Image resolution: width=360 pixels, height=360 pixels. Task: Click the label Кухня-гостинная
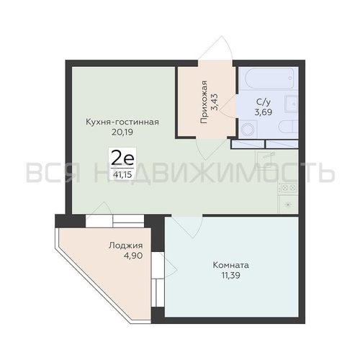click(x=122, y=122)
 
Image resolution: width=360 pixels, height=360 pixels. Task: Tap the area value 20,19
click(x=122, y=132)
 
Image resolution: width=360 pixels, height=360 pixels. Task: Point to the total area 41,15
click(x=122, y=174)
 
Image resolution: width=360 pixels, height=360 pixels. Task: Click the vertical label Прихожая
click(x=204, y=102)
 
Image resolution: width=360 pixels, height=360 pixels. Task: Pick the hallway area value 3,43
click(x=215, y=102)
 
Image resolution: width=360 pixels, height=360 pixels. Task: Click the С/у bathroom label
click(x=264, y=102)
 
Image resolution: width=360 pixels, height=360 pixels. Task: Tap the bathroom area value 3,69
click(x=264, y=112)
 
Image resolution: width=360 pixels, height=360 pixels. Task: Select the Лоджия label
click(x=125, y=246)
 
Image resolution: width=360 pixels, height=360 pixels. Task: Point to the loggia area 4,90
click(x=133, y=256)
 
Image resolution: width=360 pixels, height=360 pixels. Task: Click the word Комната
click(x=231, y=266)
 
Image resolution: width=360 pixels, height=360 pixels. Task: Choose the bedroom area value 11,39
click(x=231, y=276)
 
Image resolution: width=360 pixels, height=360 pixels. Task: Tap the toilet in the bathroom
click(x=288, y=127)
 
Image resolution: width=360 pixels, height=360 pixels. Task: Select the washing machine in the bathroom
click(x=248, y=129)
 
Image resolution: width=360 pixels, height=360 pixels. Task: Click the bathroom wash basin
click(x=291, y=104)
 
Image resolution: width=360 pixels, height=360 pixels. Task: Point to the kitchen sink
click(x=265, y=159)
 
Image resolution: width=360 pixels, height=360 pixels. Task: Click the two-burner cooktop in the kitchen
click(x=288, y=188)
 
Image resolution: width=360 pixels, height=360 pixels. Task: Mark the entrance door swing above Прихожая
click(x=215, y=48)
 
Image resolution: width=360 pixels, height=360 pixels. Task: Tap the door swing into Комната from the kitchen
click(x=187, y=227)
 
